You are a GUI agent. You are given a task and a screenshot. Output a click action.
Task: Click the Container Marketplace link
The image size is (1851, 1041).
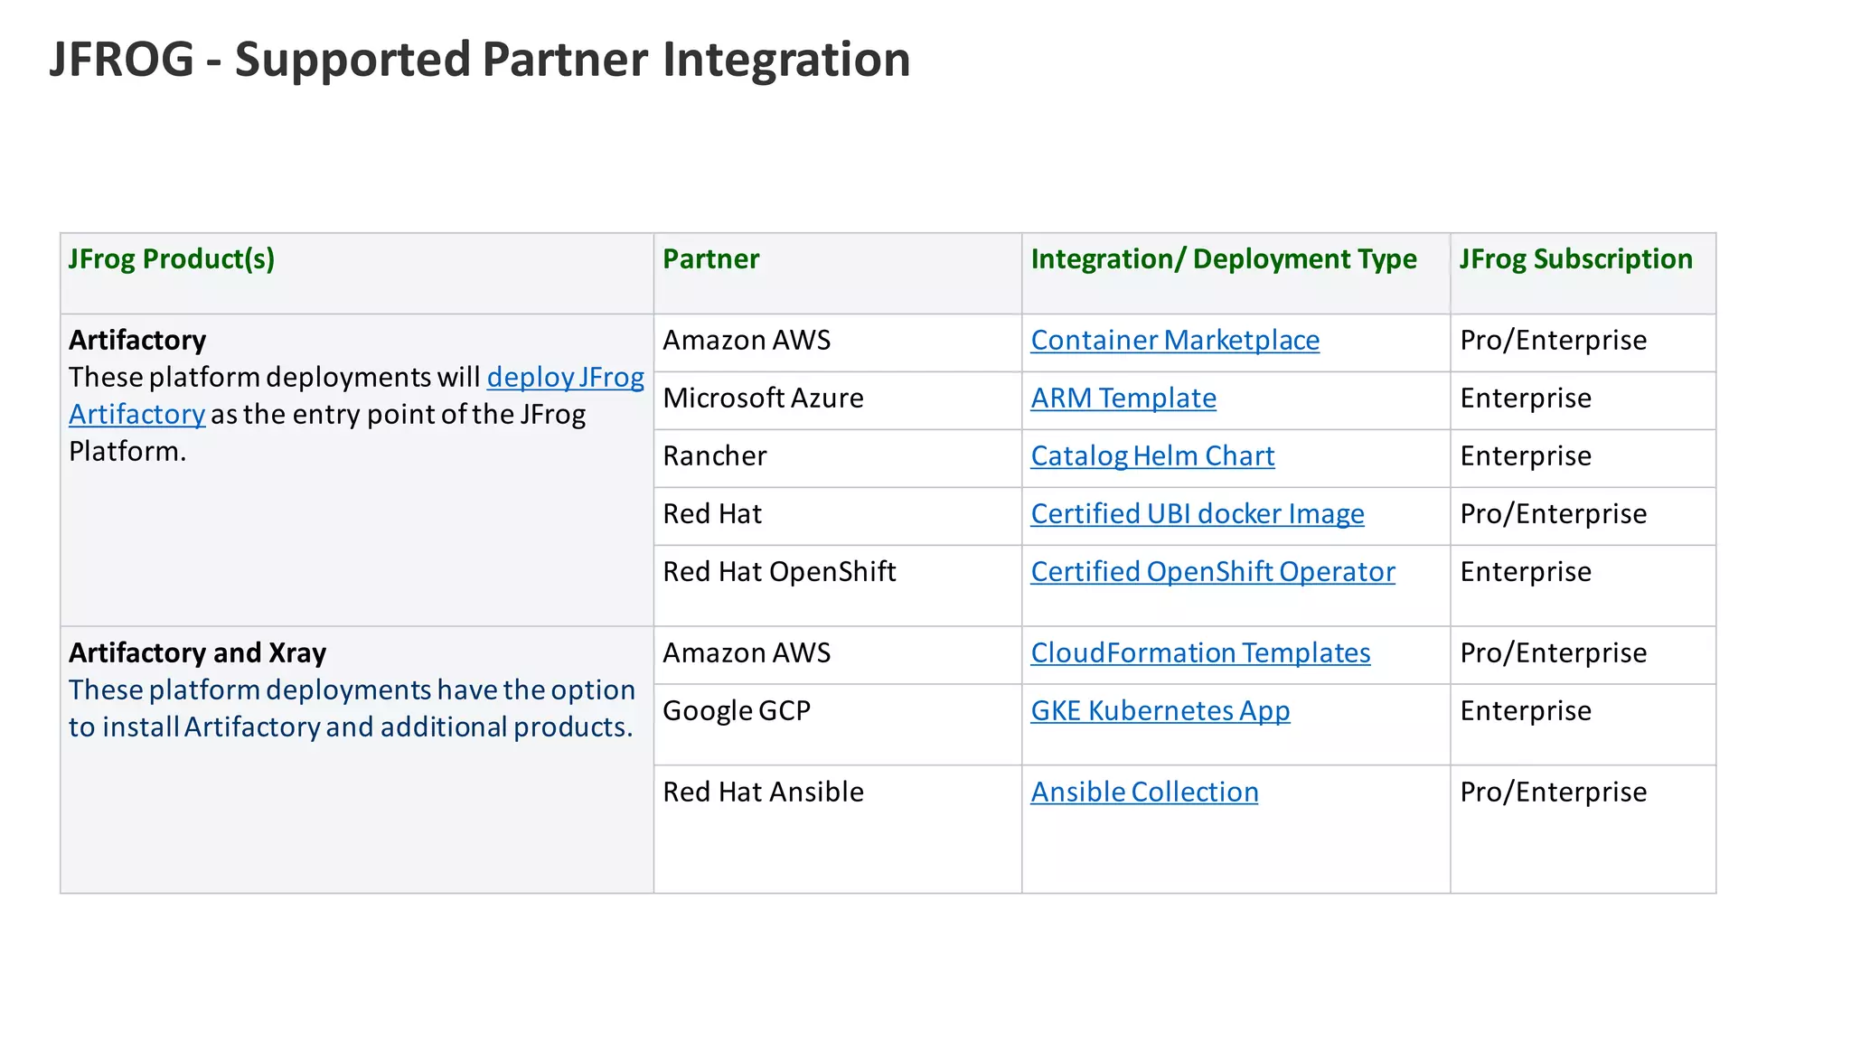tap(1174, 341)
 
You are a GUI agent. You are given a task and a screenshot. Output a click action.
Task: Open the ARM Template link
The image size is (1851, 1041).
tap(1123, 399)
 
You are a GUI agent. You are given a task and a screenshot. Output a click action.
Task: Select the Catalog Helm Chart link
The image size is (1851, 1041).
tap(1152, 456)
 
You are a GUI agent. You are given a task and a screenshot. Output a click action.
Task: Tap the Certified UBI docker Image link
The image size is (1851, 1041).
tap(1197, 514)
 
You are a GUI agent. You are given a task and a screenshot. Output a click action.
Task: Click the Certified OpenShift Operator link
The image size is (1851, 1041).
tap(1212, 572)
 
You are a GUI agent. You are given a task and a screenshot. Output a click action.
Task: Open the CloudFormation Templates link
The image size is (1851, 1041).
tap(1199, 653)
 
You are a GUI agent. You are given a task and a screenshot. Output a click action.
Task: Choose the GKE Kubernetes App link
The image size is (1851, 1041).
tap(1160, 711)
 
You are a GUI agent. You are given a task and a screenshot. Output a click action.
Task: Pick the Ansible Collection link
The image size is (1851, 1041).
tap(1143, 792)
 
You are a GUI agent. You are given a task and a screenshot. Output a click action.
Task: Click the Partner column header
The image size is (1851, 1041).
tap(710, 259)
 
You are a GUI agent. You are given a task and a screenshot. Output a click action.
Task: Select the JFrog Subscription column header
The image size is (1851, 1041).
tap(1575, 259)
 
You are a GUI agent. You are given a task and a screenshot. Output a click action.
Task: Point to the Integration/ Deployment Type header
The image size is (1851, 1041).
tap(1223, 259)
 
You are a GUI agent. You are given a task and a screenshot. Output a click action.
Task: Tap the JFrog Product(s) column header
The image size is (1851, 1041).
tap(172, 259)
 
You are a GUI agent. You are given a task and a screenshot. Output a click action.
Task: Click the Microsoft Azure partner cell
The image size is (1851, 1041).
tap(763, 399)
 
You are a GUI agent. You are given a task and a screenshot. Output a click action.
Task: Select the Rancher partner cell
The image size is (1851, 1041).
tap(714, 456)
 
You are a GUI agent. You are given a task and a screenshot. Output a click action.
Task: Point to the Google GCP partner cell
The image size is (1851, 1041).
tap(736, 711)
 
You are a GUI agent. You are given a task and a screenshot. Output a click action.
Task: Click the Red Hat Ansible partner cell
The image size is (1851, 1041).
tap(763, 792)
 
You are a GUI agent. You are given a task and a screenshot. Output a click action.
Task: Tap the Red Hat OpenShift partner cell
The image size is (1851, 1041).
tap(779, 572)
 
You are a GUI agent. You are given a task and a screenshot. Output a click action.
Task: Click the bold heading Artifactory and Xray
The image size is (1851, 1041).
tap(197, 653)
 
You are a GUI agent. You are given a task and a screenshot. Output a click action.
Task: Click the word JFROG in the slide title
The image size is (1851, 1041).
tap(121, 60)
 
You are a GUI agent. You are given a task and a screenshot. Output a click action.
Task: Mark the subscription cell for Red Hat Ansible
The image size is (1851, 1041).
tap(1553, 792)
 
